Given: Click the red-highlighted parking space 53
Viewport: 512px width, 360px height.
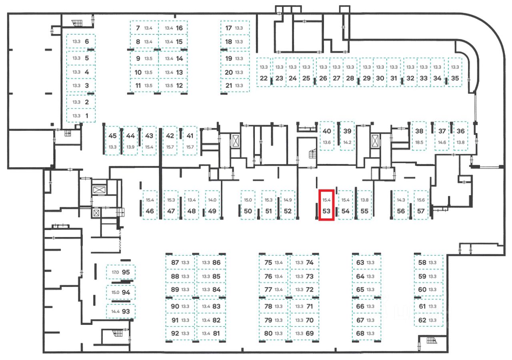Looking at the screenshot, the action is (x=326, y=204).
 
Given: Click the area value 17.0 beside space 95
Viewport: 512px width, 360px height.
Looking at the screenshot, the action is (x=115, y=272).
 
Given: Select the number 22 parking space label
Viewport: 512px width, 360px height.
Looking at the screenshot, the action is (x=264, y=78).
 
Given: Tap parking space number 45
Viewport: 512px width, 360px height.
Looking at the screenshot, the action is (x=112, y=136).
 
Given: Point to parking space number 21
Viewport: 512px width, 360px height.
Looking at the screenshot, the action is (x=229, y=85).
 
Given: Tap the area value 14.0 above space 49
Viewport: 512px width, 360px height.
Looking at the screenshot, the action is (x=212, y=200).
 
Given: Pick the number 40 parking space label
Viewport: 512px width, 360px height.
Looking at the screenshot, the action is (x=327, y=131).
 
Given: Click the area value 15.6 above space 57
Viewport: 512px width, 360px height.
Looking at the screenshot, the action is (x=420, y=200).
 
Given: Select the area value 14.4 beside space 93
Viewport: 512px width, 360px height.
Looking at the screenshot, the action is (x=115, y=311).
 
